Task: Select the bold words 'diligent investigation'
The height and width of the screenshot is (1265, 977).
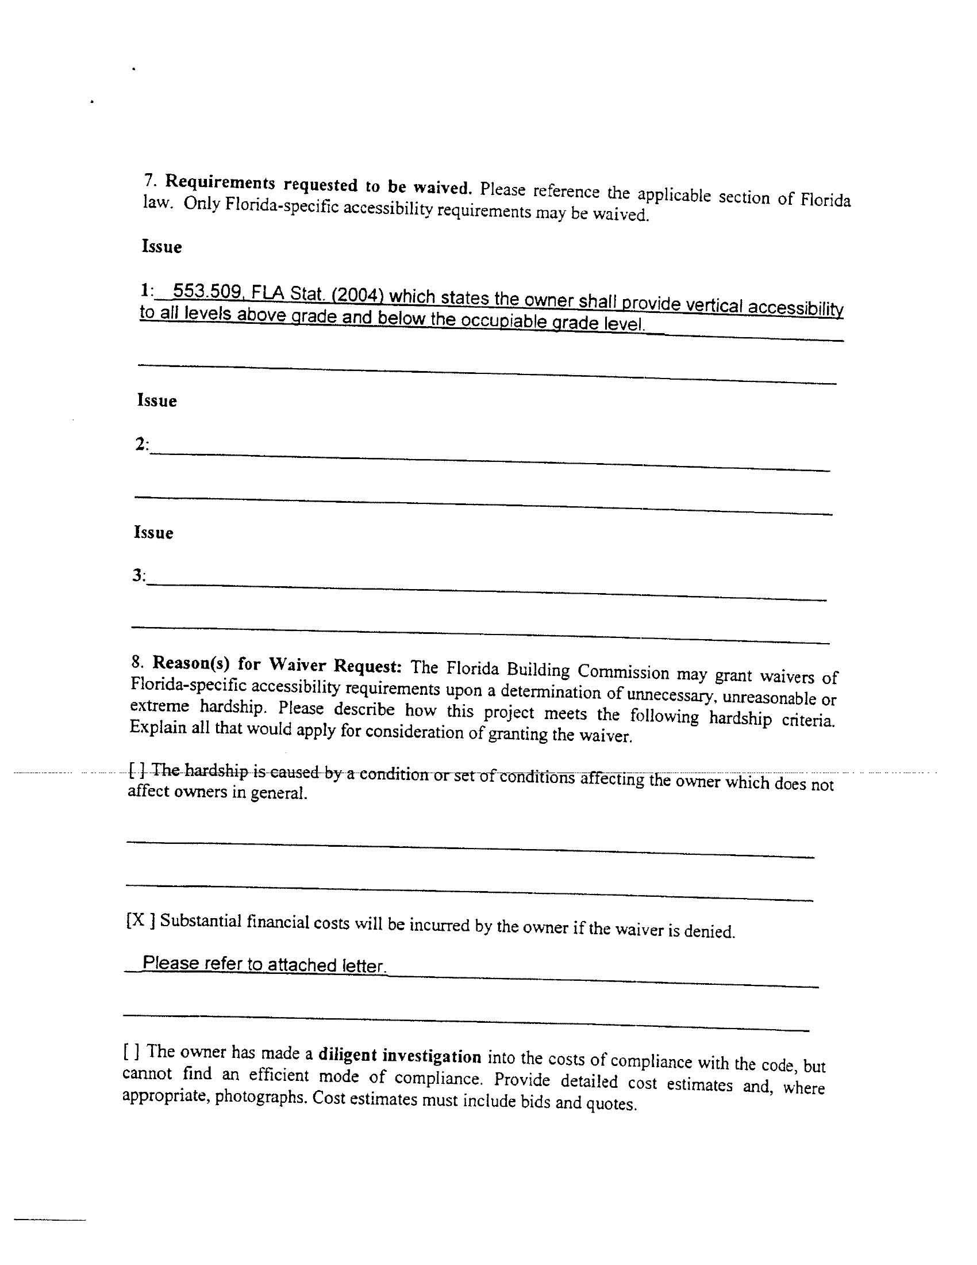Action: point(400,1056)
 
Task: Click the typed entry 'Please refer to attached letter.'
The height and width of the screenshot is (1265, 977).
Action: point(264,964)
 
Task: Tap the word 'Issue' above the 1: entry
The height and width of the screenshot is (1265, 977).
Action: point(161,247)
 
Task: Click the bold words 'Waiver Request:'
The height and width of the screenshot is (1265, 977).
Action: point(336,665)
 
